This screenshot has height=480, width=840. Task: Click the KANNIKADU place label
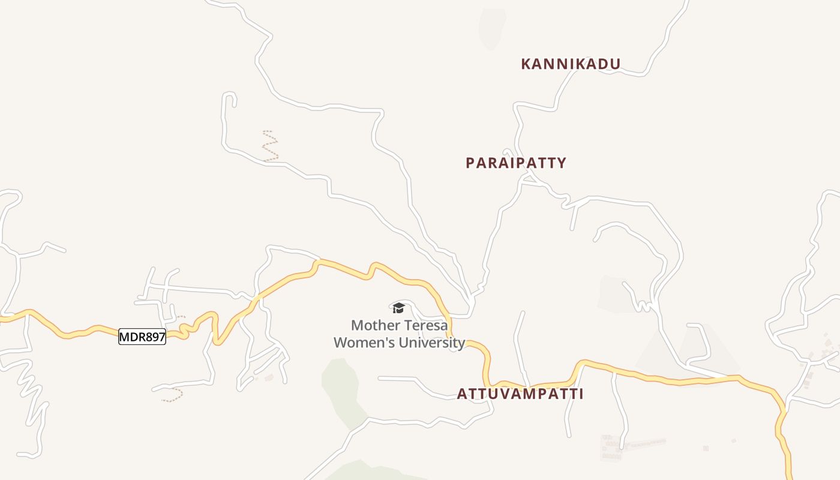coord(571,64)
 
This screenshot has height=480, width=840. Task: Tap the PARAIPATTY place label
coord(516,163)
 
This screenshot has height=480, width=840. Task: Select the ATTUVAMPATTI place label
coord(520,394)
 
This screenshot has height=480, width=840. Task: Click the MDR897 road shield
coord(142,337)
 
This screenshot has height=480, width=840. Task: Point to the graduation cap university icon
coord(398,308)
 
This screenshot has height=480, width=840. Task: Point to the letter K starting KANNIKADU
coord(526,64)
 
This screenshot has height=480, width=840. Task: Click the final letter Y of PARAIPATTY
coord(562,163)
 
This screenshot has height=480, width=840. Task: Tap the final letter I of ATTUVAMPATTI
coord(581,394)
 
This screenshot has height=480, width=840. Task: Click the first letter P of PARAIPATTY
coord(470,163)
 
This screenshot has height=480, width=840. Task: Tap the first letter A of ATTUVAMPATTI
coord(462,394)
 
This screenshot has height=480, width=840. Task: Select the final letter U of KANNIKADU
coord(615,64)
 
